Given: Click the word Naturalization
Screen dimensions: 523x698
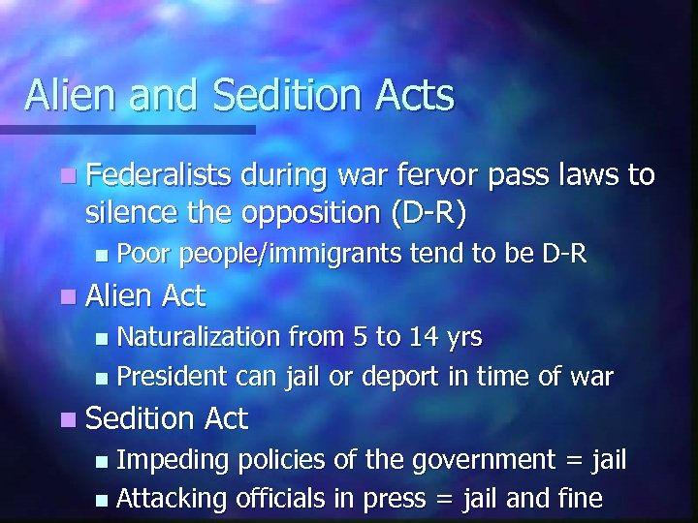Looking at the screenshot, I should (x=200, y=336).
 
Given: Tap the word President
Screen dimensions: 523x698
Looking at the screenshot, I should (x=172, y=376).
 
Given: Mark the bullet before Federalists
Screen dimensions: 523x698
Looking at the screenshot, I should (x=66, y=177).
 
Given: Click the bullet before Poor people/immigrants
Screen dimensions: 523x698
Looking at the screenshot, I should (x=104, y=255).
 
